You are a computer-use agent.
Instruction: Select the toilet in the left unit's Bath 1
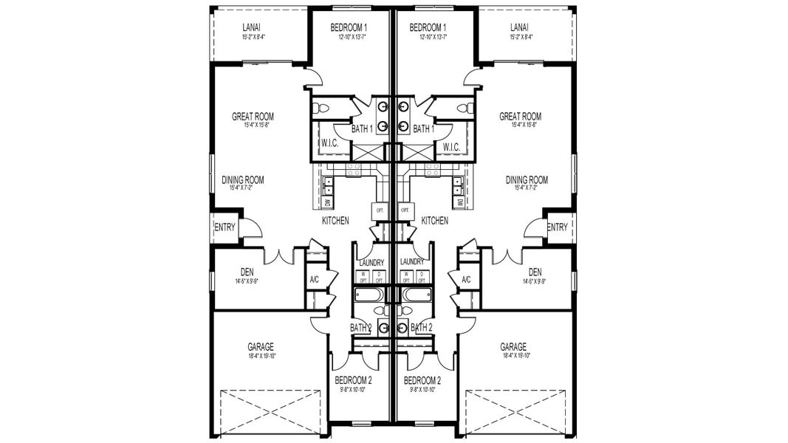coord(319,109)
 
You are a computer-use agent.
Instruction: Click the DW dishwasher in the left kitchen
coord(327,202)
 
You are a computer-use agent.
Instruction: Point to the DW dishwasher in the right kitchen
coord(459,202)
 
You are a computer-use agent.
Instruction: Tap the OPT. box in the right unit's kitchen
coord(404,210)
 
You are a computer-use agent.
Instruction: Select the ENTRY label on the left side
coord(225,227)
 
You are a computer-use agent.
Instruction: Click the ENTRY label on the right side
coord(558,227)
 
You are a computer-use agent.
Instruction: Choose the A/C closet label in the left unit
coord(313,280)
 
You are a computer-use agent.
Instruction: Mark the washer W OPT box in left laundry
coord(363,276)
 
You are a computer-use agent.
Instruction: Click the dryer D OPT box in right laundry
coord(422,276)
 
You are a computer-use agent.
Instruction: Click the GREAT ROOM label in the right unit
coord(520,117)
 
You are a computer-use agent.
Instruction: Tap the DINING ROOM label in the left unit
coord(243,179)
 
